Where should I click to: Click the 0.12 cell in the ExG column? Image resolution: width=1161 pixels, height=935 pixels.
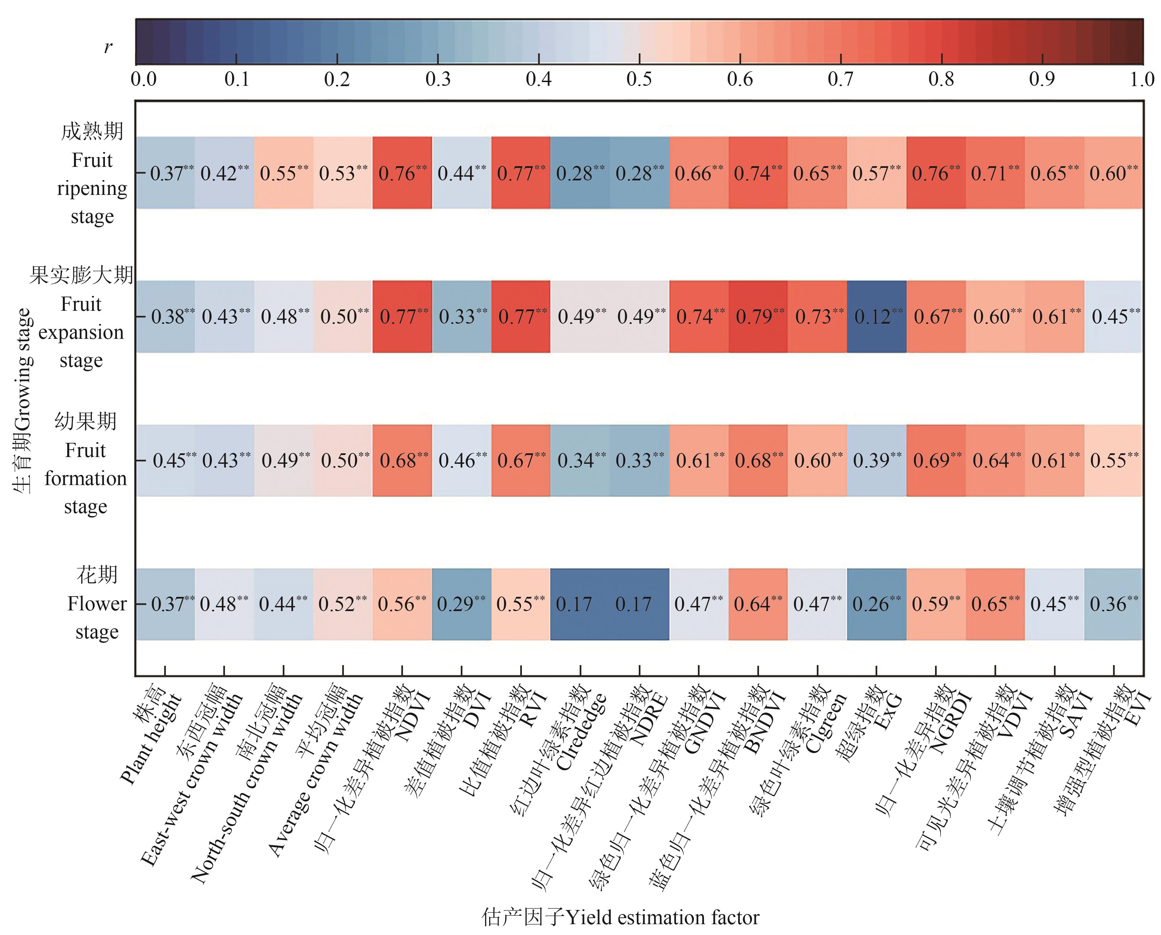pos(876,317)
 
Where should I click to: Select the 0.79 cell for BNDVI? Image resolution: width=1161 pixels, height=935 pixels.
pos(758,317)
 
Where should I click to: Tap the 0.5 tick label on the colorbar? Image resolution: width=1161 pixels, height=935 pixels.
pos(639,79)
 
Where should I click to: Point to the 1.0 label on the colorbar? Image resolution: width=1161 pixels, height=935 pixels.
pos(1142,79)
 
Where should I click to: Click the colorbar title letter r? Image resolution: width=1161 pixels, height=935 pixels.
pos(108,47)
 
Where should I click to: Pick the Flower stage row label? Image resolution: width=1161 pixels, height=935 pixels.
pos(97,603)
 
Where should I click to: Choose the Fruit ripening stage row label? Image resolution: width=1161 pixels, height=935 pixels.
pos(92,173)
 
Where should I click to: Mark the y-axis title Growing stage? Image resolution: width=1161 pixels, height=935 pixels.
pos(23,401)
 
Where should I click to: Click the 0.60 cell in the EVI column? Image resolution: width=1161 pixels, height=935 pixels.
pos(1113,173)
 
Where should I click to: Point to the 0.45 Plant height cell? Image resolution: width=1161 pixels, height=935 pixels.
pos(165,460)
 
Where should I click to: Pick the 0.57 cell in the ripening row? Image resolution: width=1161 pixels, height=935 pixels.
pos(876,173)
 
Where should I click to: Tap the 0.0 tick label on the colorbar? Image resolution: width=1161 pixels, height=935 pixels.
pos(144,79)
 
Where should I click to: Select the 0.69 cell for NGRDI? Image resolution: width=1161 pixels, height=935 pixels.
pos(936,460)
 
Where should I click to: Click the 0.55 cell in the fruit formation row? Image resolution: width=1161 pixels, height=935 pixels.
pos(1113,460)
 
